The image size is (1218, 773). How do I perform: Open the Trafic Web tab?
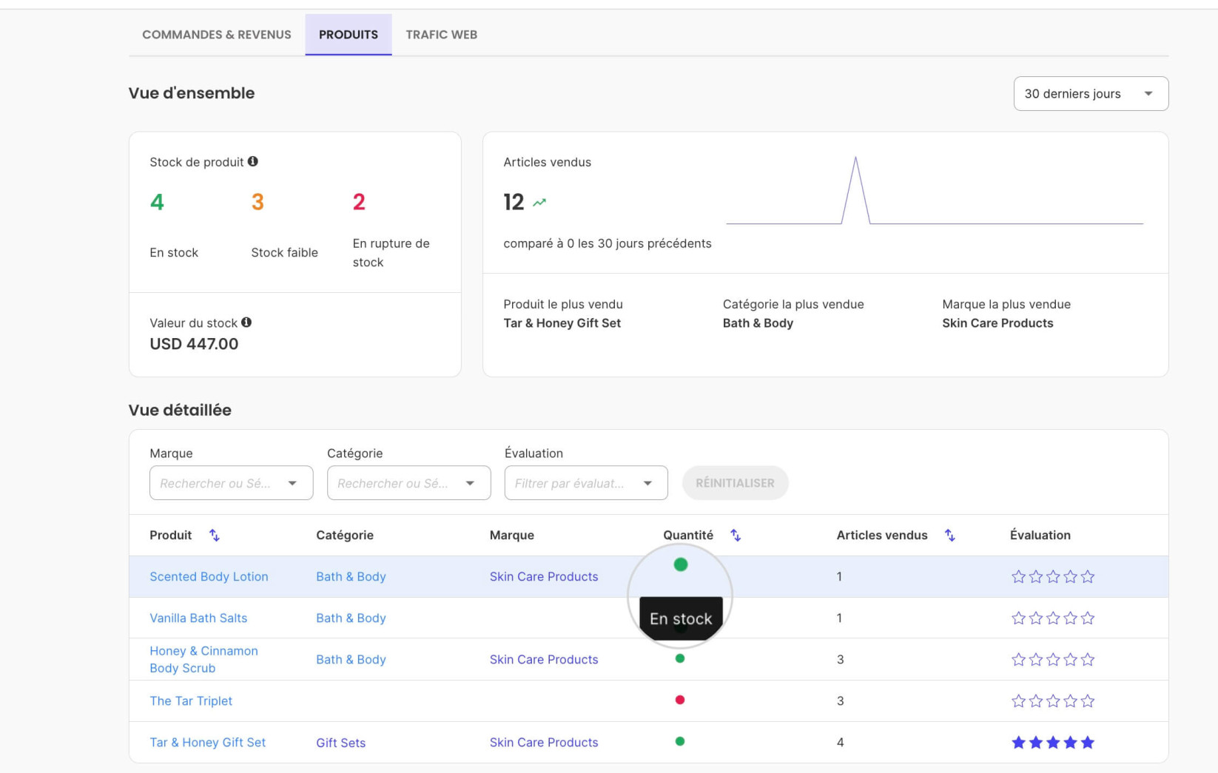click(441, 34)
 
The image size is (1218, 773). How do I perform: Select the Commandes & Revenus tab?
click(216, 34)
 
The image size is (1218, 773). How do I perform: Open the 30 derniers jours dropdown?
click(1090, 93)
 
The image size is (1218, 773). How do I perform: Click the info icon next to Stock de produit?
click(253, 161)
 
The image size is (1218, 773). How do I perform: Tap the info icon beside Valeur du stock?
click(246, 323)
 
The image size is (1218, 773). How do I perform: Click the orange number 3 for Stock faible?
click(258, 202)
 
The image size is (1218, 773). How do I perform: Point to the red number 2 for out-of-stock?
click(359, 202)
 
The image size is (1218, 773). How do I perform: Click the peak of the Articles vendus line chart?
click(855, 157)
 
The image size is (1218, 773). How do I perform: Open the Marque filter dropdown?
click(231, 483)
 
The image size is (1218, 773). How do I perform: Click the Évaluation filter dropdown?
click(585, 483)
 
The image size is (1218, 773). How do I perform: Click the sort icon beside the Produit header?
click(215, 536)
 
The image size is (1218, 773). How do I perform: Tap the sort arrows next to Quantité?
click(735, 536)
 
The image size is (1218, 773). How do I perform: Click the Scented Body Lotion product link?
click(209, 576)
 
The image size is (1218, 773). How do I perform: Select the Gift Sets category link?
click(340, 743)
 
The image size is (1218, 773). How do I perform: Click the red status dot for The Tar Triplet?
click(680, 700)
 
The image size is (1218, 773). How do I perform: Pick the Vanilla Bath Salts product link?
click(198, 618)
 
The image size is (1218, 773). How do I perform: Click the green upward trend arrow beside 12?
click(539, 202)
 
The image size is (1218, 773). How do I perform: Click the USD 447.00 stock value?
click(194, 343)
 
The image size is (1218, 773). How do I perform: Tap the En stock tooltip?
click(681, 618)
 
